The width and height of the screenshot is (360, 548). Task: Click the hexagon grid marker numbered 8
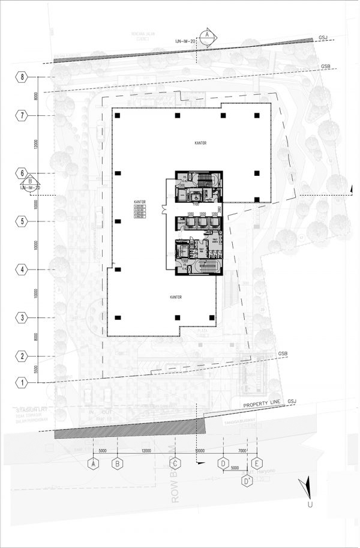pos(22,77)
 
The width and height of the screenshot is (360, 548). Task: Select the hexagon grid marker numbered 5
pos(22,221)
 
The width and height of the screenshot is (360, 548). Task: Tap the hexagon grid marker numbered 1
pos(22,382)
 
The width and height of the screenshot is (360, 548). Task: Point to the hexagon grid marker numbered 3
pos(22,318)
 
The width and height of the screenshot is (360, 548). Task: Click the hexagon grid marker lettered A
pos(94,463)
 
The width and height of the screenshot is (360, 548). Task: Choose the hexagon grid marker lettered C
pos(175,463)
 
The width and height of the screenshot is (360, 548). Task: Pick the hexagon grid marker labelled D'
pos(246,480)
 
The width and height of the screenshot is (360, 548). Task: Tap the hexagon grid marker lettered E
pos(257,463)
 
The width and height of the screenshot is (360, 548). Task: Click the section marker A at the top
pos(207,35)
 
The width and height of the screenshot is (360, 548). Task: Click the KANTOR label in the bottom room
pos(176,297)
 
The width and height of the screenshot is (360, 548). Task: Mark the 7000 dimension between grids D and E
pos(241,451)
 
